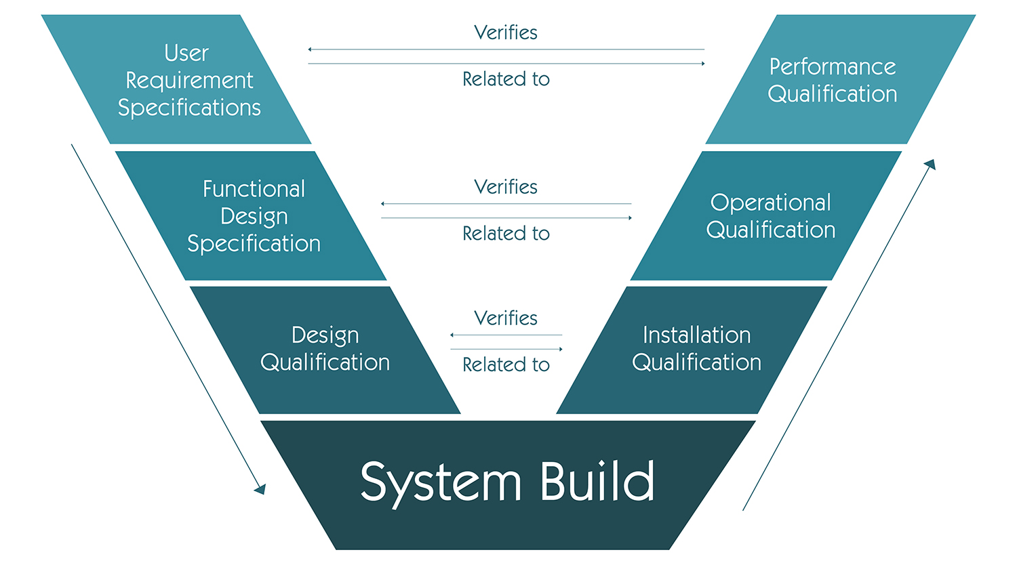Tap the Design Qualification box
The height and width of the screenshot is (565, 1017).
coord(325,349)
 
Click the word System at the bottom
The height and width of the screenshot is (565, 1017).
coord(441,482)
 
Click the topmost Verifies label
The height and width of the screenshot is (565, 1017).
coord(506,33)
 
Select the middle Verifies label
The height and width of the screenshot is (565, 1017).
coord(506,187)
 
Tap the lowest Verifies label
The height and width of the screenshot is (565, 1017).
coord(506,318)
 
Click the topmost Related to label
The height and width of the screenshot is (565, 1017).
coord(506,79)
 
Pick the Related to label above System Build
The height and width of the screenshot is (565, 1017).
coord(506,364)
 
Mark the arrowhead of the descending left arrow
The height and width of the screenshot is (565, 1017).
coord(260,488)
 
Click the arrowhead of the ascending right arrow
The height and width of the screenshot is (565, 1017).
coord(930,164)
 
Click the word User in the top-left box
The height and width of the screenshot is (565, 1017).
coord(186,53)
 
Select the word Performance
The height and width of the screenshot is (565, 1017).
coord(833,66)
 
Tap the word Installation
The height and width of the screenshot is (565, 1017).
coord(696,335)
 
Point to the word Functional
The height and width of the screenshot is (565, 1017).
coord(254,188)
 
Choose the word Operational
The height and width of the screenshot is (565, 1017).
coord(770,202)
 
